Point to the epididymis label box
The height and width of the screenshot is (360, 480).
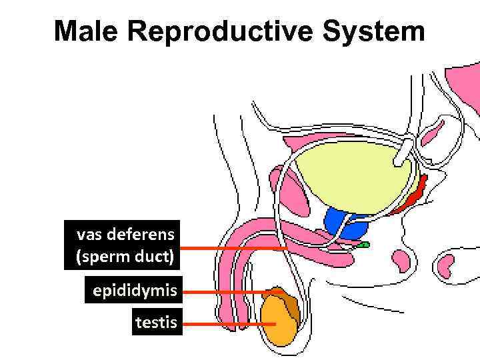click(x=133, y=291)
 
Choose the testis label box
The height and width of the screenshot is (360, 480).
click(x=157, y=323)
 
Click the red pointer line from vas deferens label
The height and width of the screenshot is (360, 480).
click(x=233, y=248)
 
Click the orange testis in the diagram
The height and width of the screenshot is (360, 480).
click(x=277, y=323)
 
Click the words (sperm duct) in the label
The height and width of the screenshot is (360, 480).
click(x=127, y=257)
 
